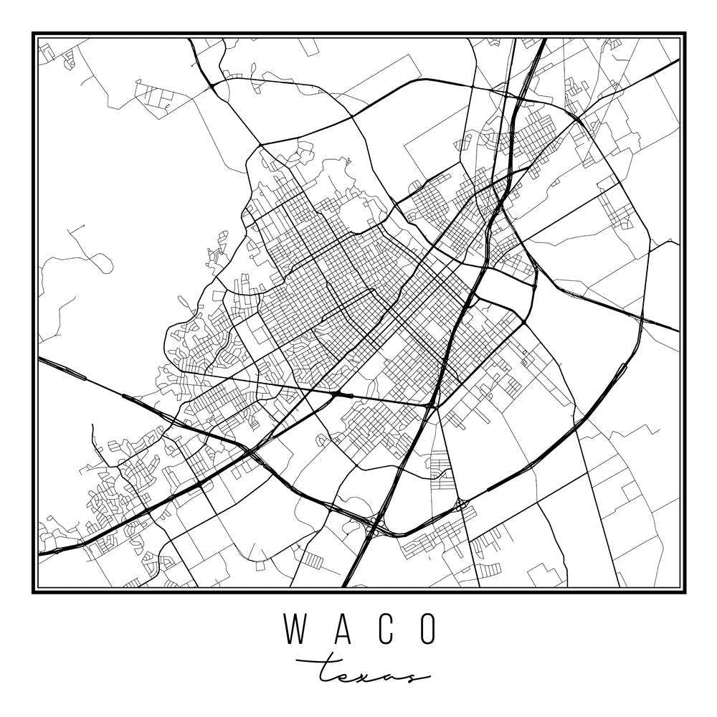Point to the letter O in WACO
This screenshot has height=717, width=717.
[428, 629]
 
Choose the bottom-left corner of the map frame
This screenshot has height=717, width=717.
[34, 592]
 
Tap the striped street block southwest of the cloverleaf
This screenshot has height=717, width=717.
[311, 560]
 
